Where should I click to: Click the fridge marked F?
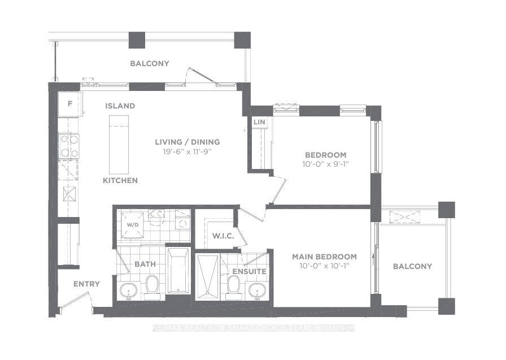(x=69, y=104)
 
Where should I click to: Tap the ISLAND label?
(x=120, y=106)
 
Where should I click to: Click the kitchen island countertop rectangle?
(x=119, y=145)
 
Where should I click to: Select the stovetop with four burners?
(x=69, y=146)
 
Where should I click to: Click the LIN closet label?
(x=259, y=122)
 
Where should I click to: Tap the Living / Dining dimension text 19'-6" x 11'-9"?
(x=187, y=152)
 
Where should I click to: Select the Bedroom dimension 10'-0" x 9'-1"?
(x=326, y=164)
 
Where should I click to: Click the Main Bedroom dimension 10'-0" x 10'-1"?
(x=324, y=266)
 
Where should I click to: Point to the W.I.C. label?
(x=223, y=236)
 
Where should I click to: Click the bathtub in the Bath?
(x=178, y=271)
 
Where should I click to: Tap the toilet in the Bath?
(x=152, y=287)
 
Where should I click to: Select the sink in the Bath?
(x=128, y=290)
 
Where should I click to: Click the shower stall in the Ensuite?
(x=207, y=277)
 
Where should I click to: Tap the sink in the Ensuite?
(x=257, y=290)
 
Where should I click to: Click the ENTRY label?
(x=86, y=284)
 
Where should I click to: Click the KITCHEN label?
(x=120, y=180)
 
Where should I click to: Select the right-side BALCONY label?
(x=412, y=266)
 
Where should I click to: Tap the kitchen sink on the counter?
(x=69, y=194)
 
